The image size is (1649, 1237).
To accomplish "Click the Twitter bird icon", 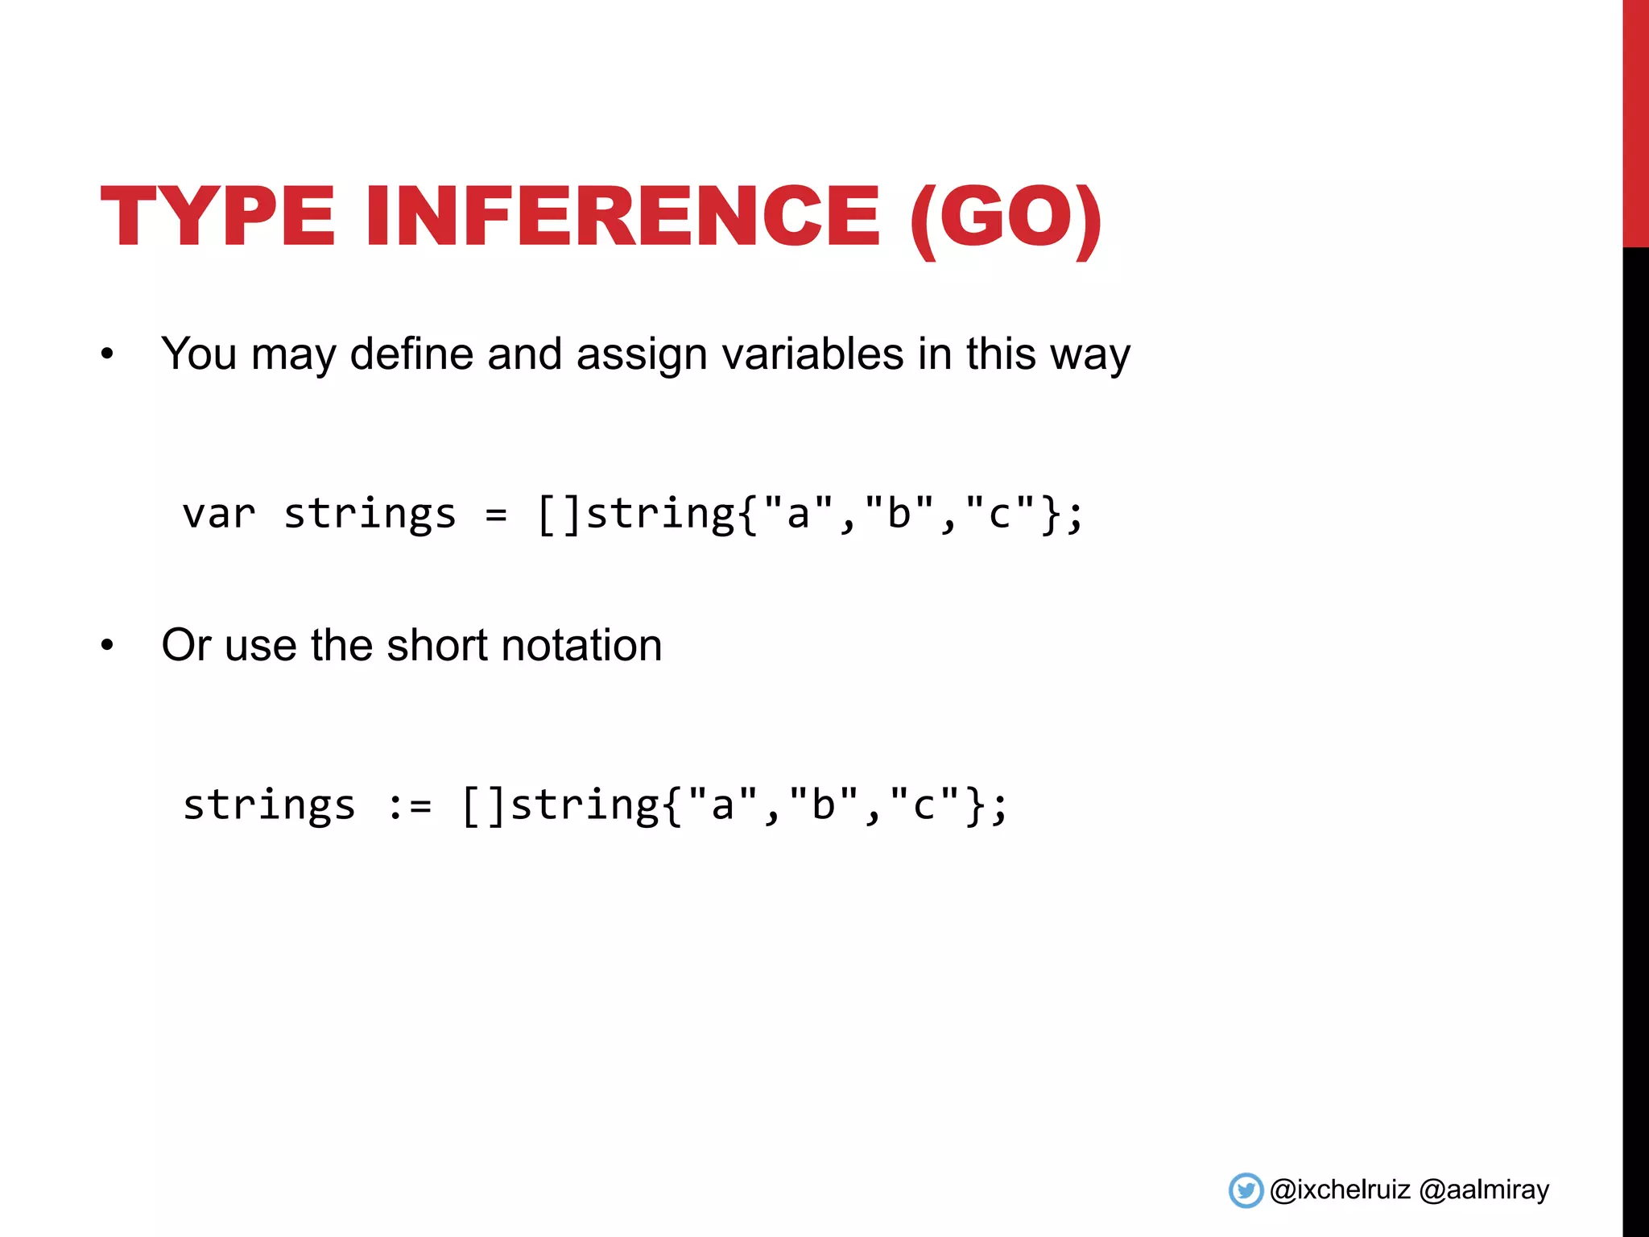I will pos(1246,1190).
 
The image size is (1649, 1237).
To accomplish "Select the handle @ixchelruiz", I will pos(1340,1189).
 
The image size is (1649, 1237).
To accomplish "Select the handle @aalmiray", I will pos(1484,1189).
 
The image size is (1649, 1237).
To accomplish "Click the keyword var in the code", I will pos(219,514).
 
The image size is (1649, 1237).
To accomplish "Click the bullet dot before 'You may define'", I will pos(107,354).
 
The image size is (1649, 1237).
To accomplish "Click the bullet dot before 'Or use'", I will pos(107,646).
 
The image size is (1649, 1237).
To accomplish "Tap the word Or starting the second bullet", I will pos(186,645).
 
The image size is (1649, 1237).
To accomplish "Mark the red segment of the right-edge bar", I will pos(1635,121).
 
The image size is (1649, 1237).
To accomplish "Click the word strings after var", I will pos(370,515).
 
